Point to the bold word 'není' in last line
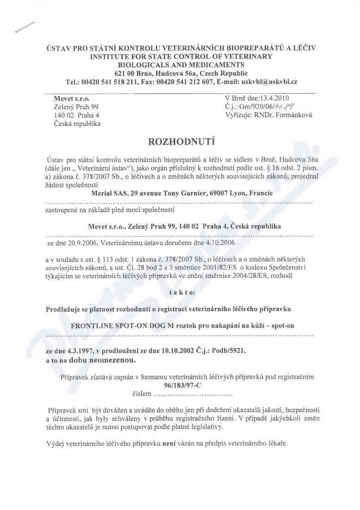click(x=167, y=444)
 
